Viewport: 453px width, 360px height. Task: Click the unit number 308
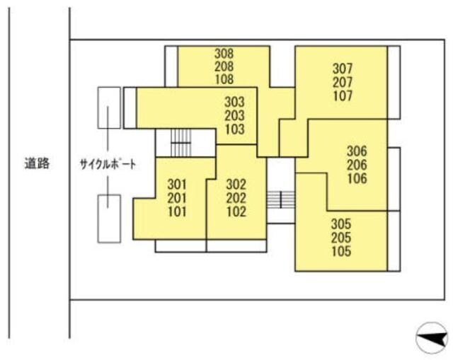tap(224, 53)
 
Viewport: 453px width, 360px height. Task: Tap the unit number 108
tap(224, 79)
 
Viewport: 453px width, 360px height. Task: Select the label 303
tap(234, 103)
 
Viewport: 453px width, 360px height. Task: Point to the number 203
tap(234, 116)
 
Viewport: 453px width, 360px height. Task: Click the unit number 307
tap(342, 69)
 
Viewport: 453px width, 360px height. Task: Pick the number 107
tap(342, 96)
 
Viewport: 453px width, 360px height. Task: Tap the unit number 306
tap(357, 151)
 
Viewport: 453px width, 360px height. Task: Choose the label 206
tap(357, 165)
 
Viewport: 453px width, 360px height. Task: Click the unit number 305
tap(341, 225)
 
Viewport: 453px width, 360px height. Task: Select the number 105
tap(341, 251)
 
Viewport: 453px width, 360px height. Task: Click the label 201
tap(177, 199)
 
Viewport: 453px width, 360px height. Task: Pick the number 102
tap(236, 211)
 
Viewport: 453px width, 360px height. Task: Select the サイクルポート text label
tap(107, 164)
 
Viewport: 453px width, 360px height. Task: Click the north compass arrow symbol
tap(431, 337)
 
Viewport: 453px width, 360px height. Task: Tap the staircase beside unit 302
tap(281, 199)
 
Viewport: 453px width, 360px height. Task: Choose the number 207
tap(342, 83)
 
